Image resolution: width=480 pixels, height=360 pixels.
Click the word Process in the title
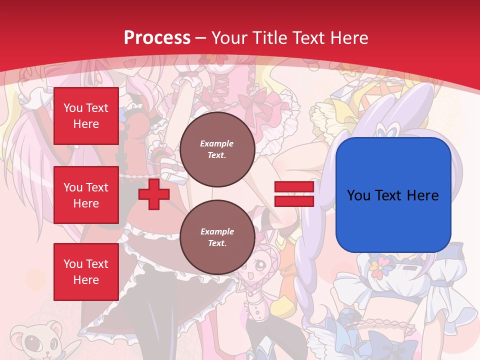(x=157, y=37)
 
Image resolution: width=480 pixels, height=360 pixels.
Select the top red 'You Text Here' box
(x=86, y=116)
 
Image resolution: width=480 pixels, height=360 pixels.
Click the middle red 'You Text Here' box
(x=86, y=195)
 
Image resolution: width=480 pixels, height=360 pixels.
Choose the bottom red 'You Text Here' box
(x=86, y=271)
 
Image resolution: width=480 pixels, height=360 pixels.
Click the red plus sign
(x=154, y=194)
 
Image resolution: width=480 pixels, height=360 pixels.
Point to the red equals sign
(x=294, y=194)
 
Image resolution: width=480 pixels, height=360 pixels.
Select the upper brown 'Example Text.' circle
(x=217, y=149)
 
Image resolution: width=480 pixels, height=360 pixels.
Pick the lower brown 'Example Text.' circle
(x=217, y=237)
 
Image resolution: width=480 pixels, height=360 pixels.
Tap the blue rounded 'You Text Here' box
(x=393, y=195)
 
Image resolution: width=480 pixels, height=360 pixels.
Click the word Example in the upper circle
(x=217, y=143)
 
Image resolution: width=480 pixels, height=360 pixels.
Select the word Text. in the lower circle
(x=217, y=243)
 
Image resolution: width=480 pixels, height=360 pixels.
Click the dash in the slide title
(x=201, y=38)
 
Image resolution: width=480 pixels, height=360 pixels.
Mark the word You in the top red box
(x=73, y=108)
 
